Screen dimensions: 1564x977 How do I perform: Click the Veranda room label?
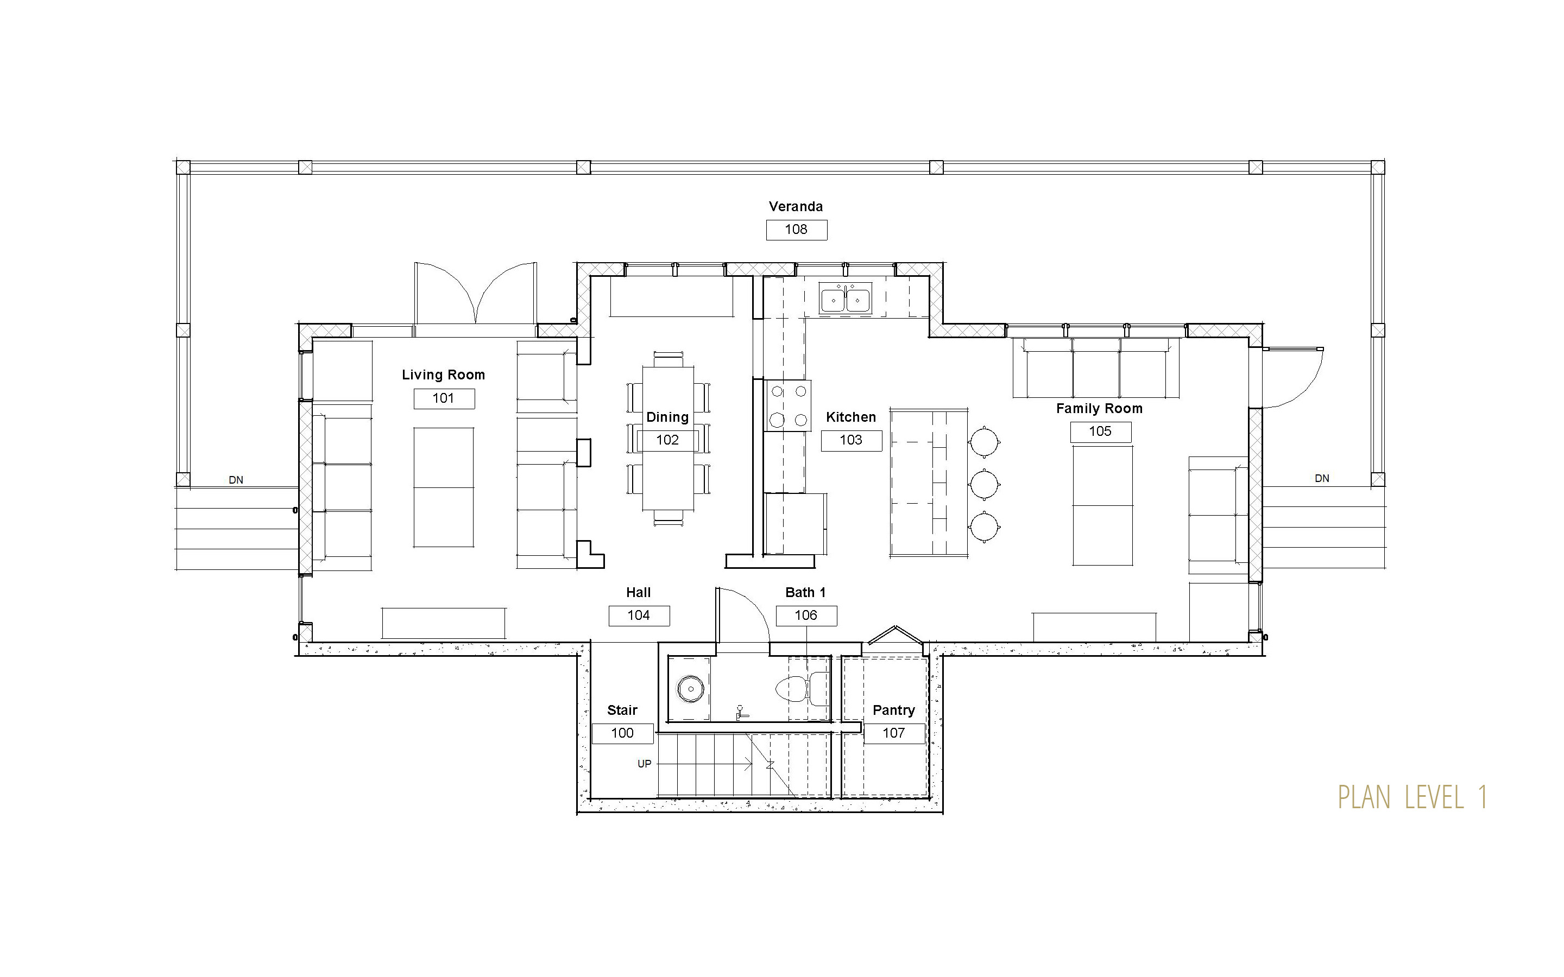(796, 207)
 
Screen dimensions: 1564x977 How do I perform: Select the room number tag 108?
(796, 230)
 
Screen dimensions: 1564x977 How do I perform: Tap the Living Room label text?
(443, 375)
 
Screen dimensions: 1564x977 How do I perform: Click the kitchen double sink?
(846, 299)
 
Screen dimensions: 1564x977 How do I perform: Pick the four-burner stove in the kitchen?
(789, 405)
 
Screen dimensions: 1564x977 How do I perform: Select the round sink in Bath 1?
(691, 689)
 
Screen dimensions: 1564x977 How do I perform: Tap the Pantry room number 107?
(894, 733)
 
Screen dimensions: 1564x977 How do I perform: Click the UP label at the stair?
(645, 764)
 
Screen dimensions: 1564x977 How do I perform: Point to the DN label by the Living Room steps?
(236, 480)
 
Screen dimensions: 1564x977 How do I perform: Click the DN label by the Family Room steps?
(1322, 479)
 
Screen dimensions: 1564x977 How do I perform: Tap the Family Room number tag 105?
(1101, 432)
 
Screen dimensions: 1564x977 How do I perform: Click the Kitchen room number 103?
(851, 441)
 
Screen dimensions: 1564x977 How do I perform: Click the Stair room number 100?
(622, 733)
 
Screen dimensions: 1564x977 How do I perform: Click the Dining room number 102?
(667, 441)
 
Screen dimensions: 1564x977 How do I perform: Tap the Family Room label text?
(1099, 408)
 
